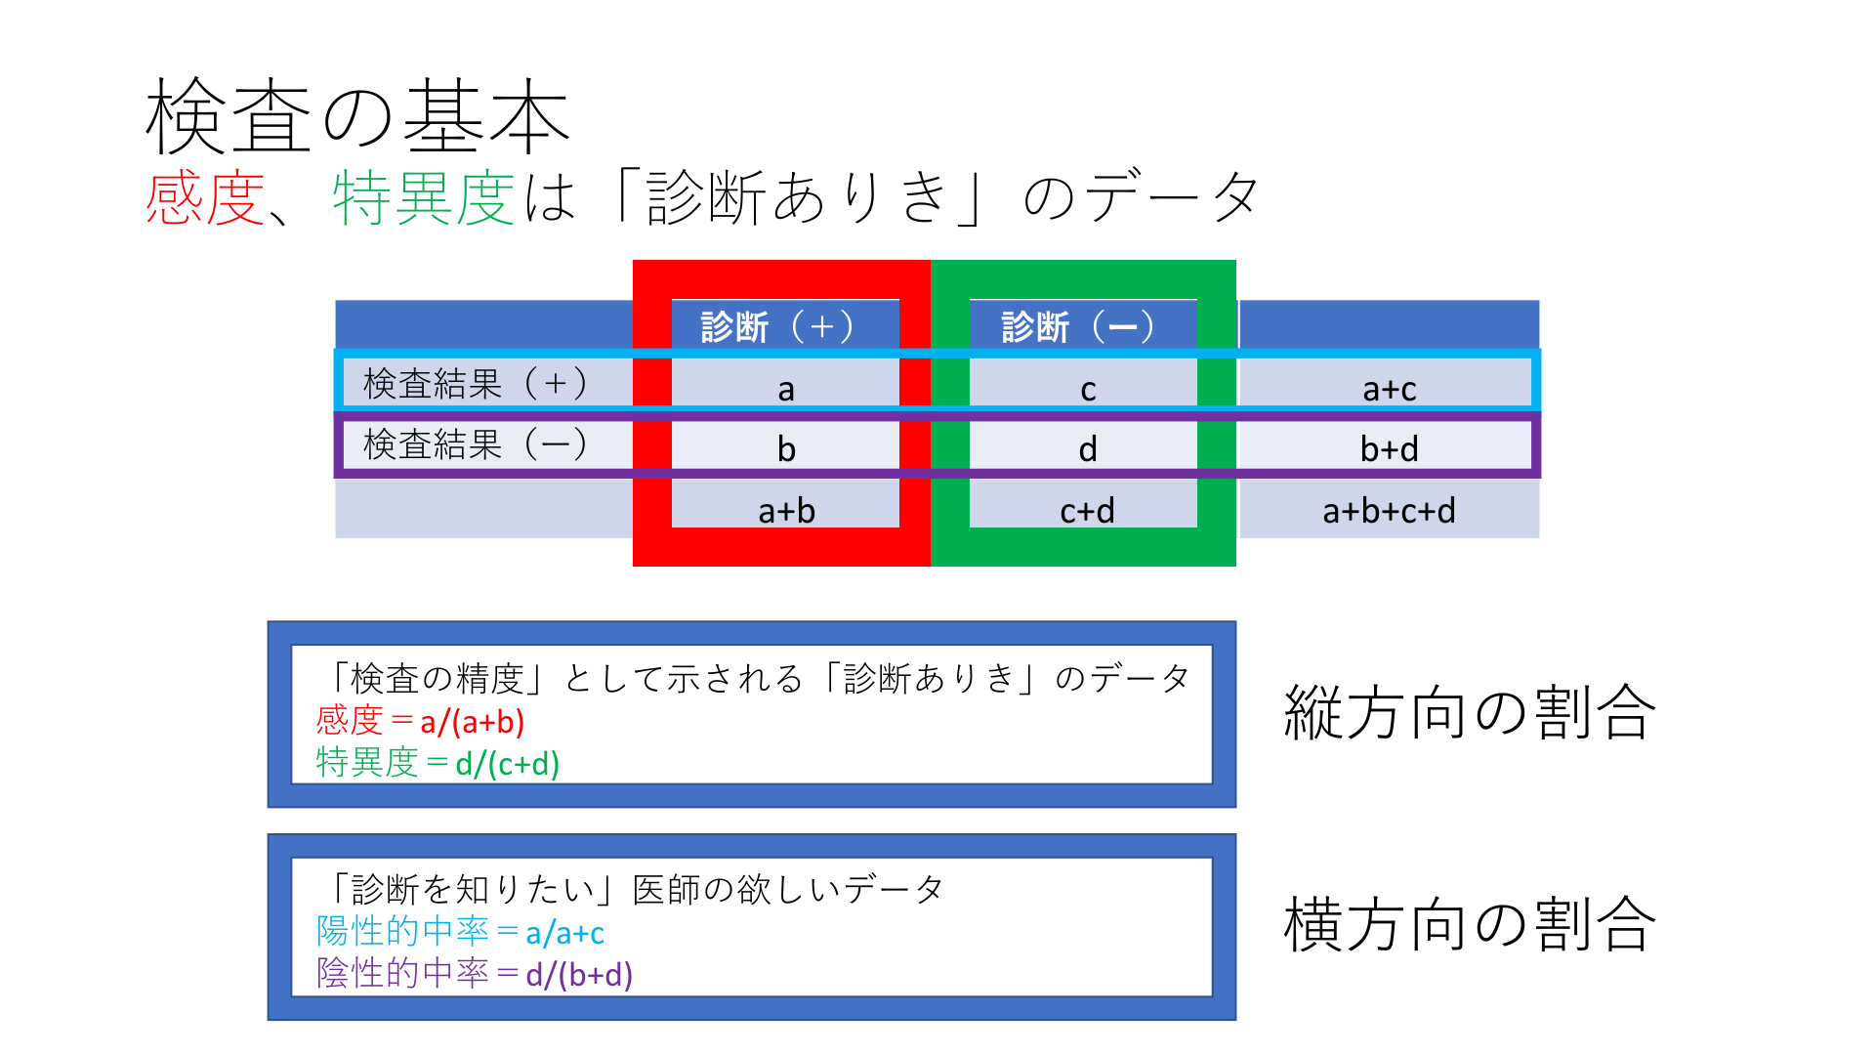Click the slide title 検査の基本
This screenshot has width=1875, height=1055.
pyautogui.click(x=357, y=117)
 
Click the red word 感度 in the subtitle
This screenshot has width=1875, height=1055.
pyautogui.click(x=205, y=198)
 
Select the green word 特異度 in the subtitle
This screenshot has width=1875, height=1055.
pyautogui.click(x=423, y=198)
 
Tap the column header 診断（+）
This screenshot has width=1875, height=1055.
pyautogui.click(x=777, y=326)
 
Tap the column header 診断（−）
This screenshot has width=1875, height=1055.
pyautogui.click(x=1078, y=326)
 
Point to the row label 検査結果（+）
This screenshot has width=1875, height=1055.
pyautogui.click(x=476, y=383)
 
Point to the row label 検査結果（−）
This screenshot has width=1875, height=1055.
pyautogui.click(x=476, y=444)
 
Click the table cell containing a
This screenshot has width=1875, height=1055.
pyautogui.click(x=786, y=389)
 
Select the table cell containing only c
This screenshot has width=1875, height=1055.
pyautogui.click(x=1088, y=389)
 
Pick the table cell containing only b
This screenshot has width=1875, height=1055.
pyautogui.click(x=786, y=449)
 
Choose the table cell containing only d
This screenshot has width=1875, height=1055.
pyautogui.click(x=1088, y=449)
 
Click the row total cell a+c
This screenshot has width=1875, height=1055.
pyautogui.click(x=1389, y=389)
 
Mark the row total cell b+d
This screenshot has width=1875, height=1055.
pyautogui.click(x=1389, y=449)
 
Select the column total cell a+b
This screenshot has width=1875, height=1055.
pyautogui.click(x=786, y=510)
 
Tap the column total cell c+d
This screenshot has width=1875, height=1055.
pyautogui.click(x=1087, y=510)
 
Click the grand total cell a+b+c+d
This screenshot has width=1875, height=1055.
pyautogui.click(x=1389, y=510)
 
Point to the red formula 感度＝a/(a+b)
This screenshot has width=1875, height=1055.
pyautogui.click(x=420, y=722)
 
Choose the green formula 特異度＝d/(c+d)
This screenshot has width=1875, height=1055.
pyautogui.click(x=437, y=763)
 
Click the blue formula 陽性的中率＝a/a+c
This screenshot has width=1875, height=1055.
pyautogui.click(x=460, y=933)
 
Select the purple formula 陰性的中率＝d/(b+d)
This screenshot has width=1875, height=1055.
pyautogui.click(x=475, y=974)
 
